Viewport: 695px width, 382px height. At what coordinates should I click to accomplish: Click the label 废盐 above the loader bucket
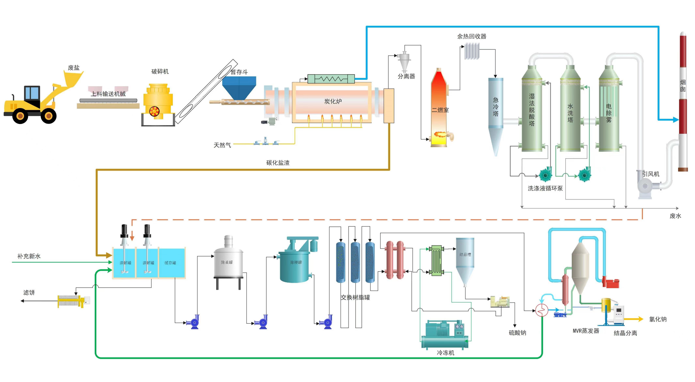pos(74,68)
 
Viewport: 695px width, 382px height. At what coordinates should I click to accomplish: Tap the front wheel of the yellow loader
pos(48,116)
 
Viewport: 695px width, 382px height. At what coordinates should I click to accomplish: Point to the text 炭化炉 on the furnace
pos(333,101)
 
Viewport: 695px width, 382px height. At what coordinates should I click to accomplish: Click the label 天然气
pos(222,145)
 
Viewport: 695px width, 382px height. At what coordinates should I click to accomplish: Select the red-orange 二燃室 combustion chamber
pos(439,107)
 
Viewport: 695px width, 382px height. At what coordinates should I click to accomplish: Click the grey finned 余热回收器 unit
pos(472,51)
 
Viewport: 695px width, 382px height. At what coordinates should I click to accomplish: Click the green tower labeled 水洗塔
pos(570,110)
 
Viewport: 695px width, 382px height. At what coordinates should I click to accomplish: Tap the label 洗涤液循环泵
pos(545,188)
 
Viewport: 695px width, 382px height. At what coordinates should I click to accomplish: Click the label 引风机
pos(651,174)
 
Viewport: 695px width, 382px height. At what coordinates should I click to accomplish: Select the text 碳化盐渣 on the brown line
pos(278,163)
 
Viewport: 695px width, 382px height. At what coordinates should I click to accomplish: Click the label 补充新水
pos(29,256)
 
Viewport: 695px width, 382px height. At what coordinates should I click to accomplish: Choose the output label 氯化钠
pos(658,319)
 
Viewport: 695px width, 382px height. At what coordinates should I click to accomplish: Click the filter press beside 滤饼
pos(71,301)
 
